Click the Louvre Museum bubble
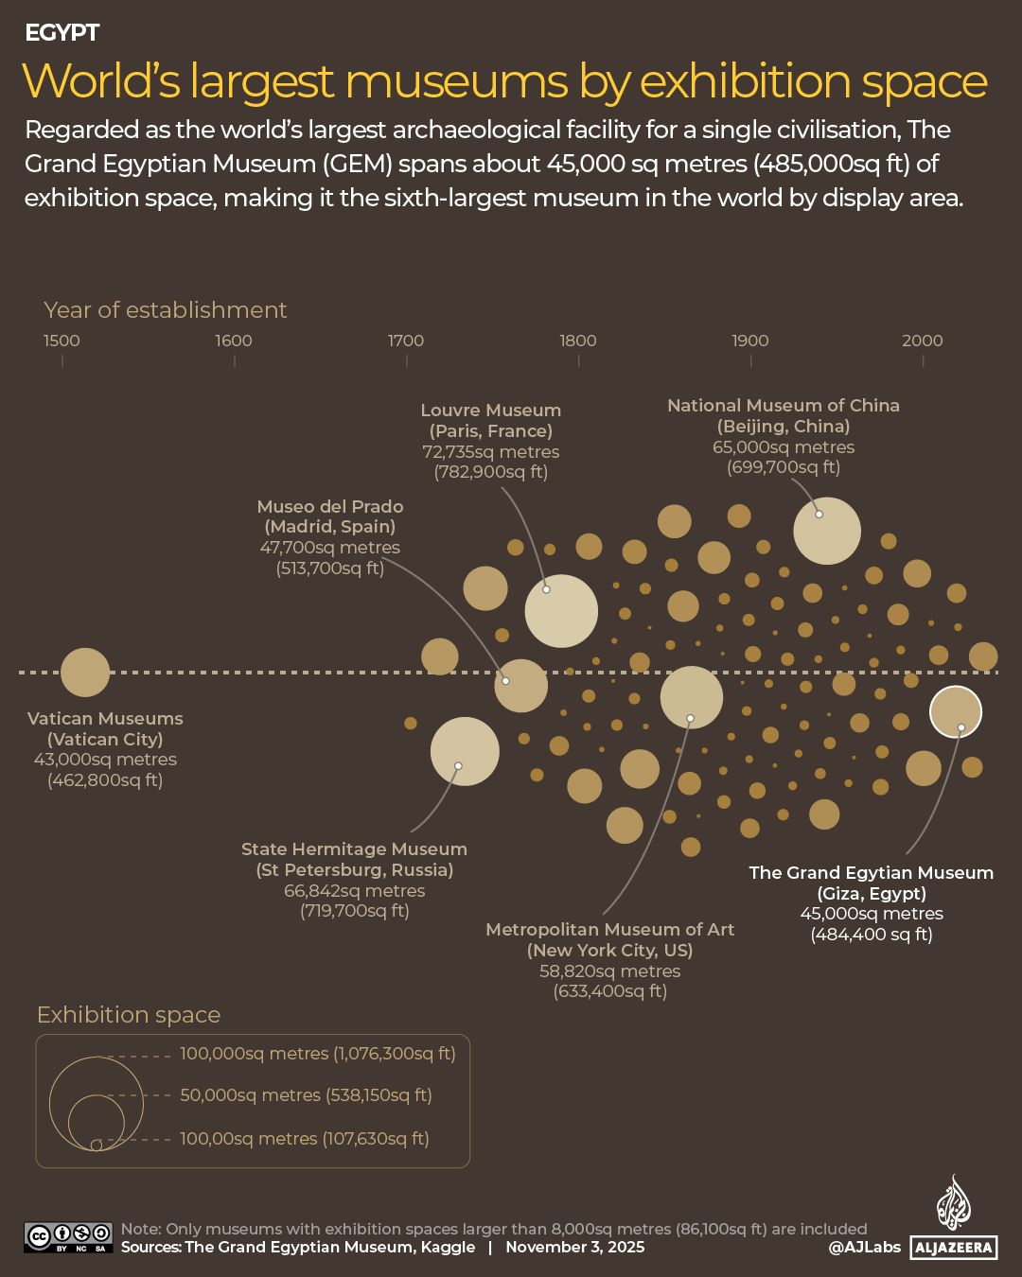coord(561,611)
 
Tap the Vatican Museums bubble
coord(85,673)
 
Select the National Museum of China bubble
coord(827,531)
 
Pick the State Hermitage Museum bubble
coord(465,751)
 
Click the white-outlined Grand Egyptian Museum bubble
coord(956,711)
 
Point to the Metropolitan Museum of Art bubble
coord(692,697)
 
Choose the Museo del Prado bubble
coord(520,686)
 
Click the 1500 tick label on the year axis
coord(62,341)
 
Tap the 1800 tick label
coord(578,341)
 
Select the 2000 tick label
coord(923,341)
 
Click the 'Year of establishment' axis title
coord(166,310)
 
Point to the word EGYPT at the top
coord(62,33)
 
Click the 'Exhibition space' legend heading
coord(129,1015)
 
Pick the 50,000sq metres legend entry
coord(306,1095)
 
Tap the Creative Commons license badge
coord(68,1237)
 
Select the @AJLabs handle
coord(864,1248)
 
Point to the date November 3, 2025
coord(574,1247)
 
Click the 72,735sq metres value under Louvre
coord(491,452)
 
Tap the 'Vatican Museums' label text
coord(105,719)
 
